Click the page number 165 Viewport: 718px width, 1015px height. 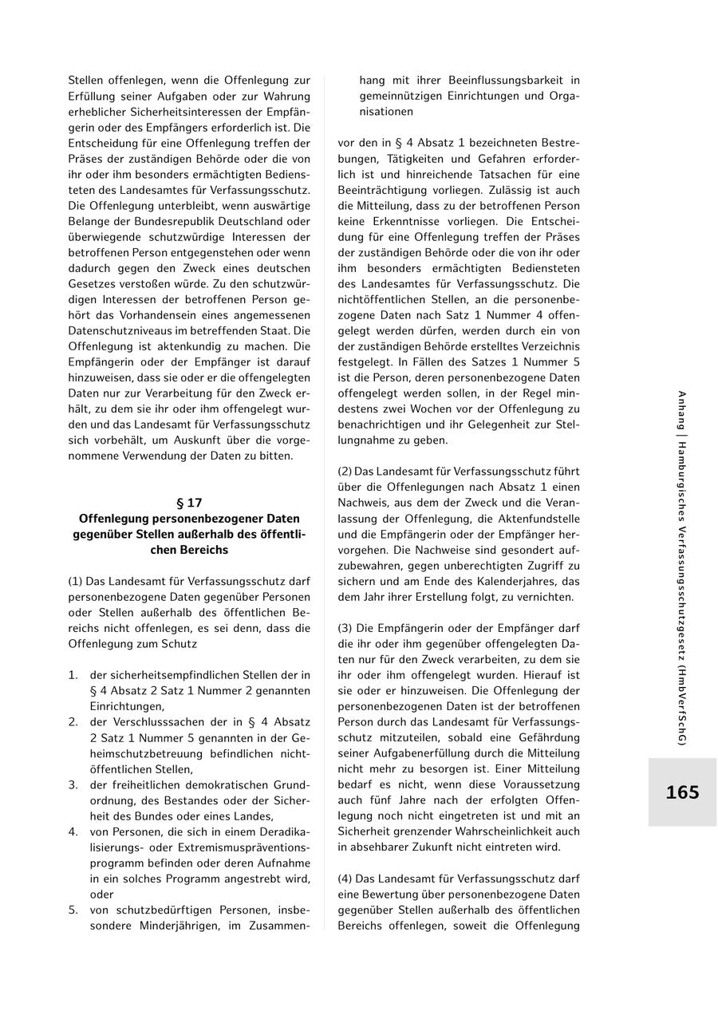pos(682,792)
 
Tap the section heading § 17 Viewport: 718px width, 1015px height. pos(189,503)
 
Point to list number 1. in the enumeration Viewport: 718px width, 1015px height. pos(73,675)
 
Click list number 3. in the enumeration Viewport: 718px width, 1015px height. pos(73,784)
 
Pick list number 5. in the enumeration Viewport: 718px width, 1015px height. pos(73,910)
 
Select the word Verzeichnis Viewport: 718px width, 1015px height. pos(546,346)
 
